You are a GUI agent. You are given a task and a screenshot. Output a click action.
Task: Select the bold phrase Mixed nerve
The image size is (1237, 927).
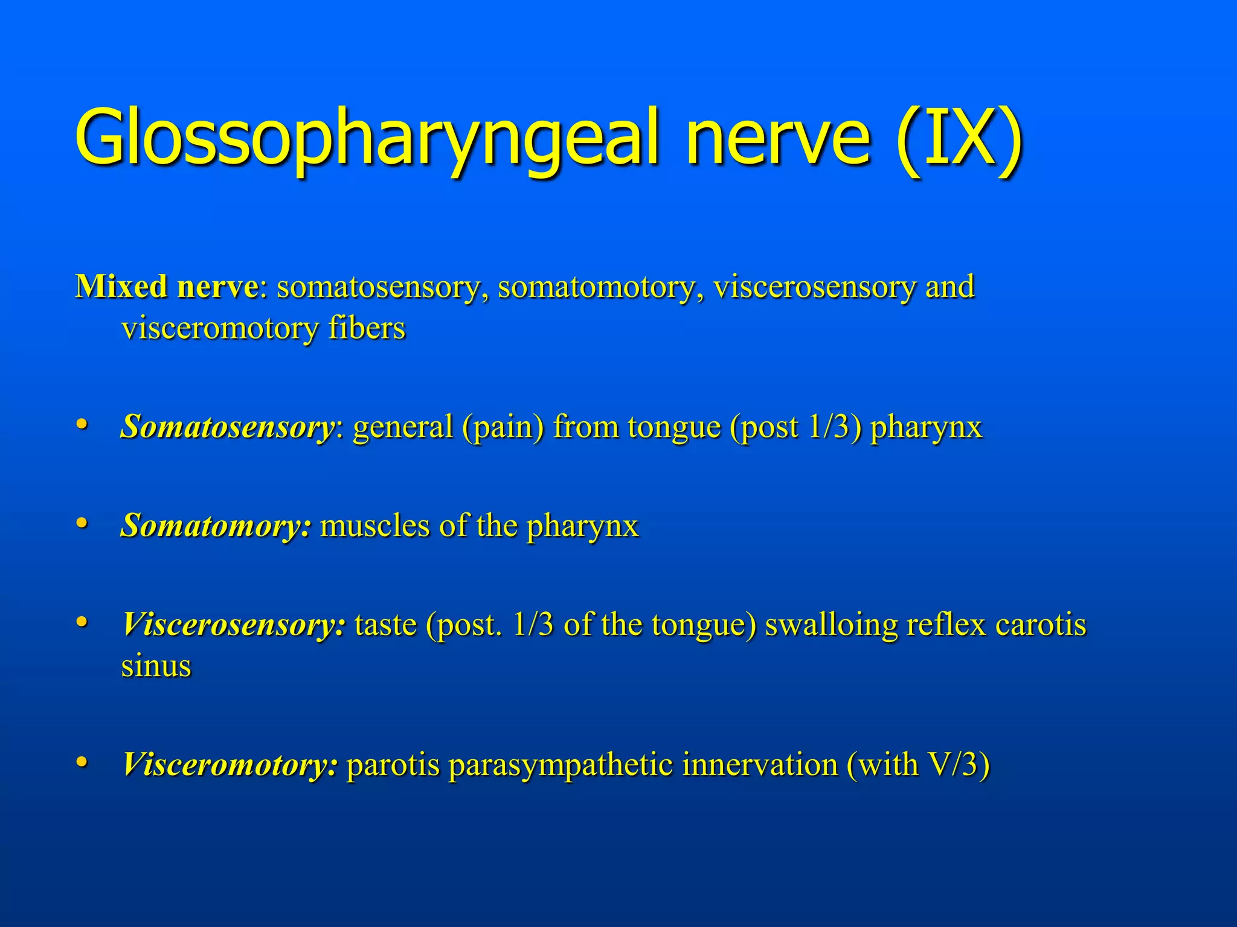pyautogui.click(x=167, y=287)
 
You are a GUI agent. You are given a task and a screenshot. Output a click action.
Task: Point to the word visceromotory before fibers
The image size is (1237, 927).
pyautogui.click(x=220, y=329)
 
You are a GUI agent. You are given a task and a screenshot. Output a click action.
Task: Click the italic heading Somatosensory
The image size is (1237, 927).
pyautogui.click(x=228, y=427)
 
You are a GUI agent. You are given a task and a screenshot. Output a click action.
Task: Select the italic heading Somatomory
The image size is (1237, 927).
pyautogui.click(x=216, y=526)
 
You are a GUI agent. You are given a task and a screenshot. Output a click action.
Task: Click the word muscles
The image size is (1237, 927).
pyautogui.click(x=374, y=526)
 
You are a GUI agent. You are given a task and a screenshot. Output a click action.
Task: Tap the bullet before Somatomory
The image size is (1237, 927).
pyautogui.click(x=82, y=523)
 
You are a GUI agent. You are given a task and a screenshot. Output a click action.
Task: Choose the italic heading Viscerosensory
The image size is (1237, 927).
pyautogui.click(x=234, y=625)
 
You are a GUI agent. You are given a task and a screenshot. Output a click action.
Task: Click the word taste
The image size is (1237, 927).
pyautogui.click(x=385, y=625)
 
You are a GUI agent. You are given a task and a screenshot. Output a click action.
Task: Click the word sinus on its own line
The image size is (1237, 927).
pyautogui.click(x=156, y=666)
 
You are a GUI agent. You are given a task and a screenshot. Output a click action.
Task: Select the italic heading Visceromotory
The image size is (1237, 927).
pyautogui.click(x=230, y=765)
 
